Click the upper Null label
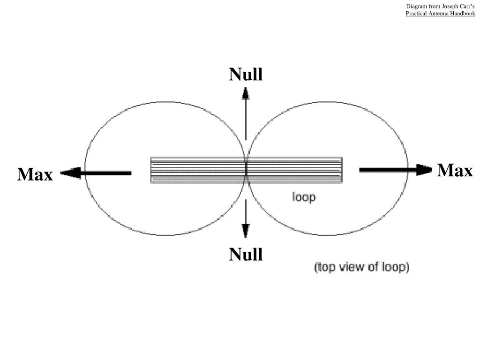coord(246,75)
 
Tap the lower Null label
coord(246,255)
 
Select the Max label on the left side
coord(35,174)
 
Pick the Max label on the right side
coord(455,171)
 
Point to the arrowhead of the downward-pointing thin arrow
coord(246,231)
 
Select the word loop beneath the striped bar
coord(304,197)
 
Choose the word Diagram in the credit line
coord(416,7)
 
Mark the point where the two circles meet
coord(246,162)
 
